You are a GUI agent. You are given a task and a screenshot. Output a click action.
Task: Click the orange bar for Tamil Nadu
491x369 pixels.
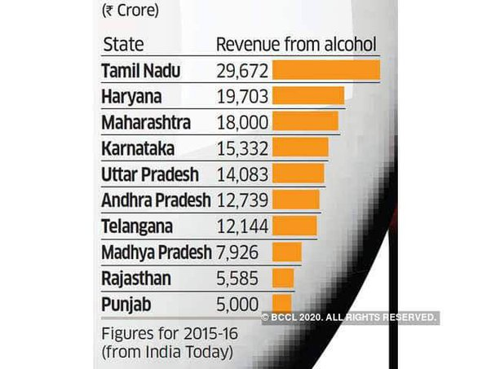[x=326, y=70]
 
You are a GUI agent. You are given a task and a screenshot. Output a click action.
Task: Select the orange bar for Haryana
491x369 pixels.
[x=308, y=96]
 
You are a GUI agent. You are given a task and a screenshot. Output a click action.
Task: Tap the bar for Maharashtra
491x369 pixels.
[x=305, y=122]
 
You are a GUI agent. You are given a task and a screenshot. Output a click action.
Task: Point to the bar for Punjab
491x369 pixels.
[x=282, y=305]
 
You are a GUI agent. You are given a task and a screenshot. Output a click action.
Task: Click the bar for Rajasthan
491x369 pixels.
[x=283, y=279]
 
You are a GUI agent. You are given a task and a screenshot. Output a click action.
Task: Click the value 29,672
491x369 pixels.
[x=242, y=71]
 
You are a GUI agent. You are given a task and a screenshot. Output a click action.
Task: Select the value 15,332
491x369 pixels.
[x=242, y=148]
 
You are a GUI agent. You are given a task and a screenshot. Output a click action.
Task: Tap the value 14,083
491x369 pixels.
[x=242, y=174]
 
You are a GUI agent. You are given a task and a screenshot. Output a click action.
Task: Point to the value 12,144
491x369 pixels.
[x=242, y=226]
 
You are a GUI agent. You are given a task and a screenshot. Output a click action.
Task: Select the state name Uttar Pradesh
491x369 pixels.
[x=150, y=174]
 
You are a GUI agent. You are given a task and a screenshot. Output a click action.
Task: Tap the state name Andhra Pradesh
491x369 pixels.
[x=156, y=200]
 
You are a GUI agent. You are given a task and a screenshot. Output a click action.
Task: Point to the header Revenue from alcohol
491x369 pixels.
[x=295, y=44]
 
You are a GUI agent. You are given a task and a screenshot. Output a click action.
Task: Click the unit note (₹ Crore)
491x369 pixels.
[x=131, y=11]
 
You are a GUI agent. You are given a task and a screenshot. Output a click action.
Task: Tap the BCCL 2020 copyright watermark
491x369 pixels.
[x=350, y=318]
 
